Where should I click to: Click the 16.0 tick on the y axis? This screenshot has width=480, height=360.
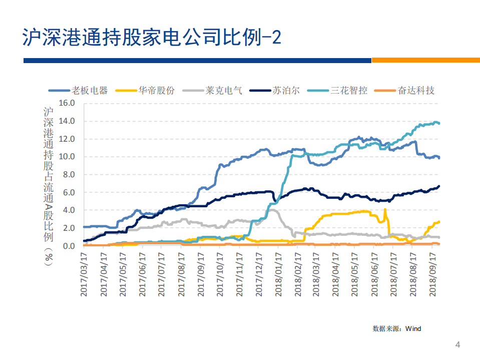tap(66, 103)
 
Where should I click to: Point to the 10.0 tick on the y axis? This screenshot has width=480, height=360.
tap(66, 157)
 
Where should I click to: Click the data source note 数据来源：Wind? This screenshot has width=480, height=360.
tap(396, 328)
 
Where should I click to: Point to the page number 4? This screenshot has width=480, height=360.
tap(457, 344)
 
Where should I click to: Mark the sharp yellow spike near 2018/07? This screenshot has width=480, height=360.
tap(385, 210)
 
